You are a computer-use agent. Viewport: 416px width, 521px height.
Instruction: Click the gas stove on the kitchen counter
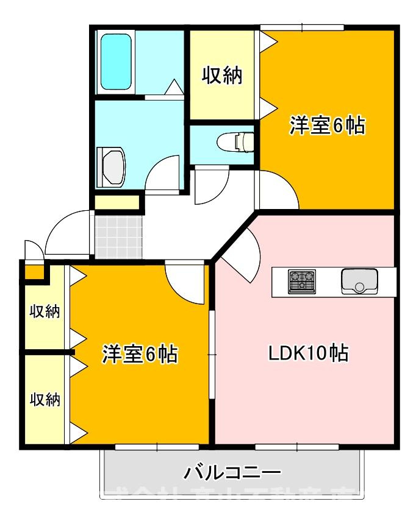coord(302,281)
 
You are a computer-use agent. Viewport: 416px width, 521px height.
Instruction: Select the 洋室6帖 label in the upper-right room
coord(327,126)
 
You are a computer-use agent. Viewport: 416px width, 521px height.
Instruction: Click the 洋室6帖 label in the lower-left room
coord(140,354)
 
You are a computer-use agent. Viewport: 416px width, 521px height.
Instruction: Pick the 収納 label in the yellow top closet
coord(223,76)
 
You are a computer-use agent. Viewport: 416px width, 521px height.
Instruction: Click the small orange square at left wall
coord(34,271)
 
